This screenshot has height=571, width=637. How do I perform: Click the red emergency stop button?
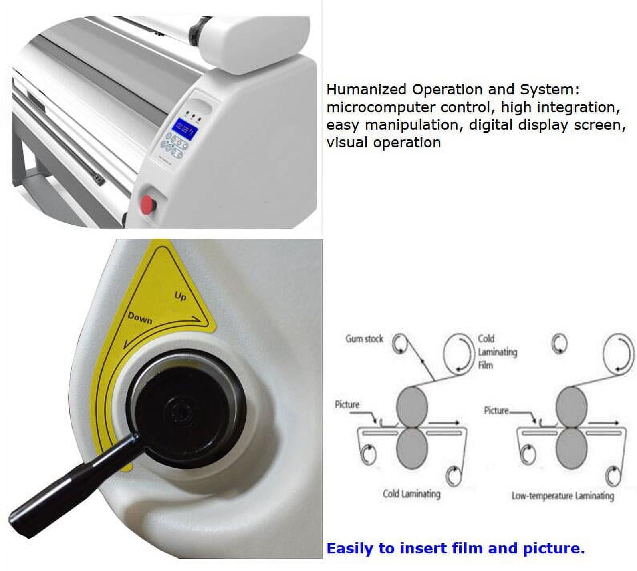coord(147,204)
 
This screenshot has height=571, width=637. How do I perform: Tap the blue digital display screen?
coord(185,128)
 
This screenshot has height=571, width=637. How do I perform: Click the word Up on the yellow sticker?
coord(181,296)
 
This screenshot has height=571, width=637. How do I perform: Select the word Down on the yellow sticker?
coord(140,318)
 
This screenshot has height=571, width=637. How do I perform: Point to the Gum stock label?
coord(365,339)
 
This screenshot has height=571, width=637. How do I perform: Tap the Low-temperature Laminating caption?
coord(562,496)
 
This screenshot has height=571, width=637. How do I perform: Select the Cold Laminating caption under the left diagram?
coord(411,494)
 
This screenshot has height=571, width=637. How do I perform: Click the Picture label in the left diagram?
coord(347,405)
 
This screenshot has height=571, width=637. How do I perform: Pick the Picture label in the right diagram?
coord(496,410)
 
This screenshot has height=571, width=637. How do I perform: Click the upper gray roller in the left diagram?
coord(412,407)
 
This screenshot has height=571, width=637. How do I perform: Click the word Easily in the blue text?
coord(350,548)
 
